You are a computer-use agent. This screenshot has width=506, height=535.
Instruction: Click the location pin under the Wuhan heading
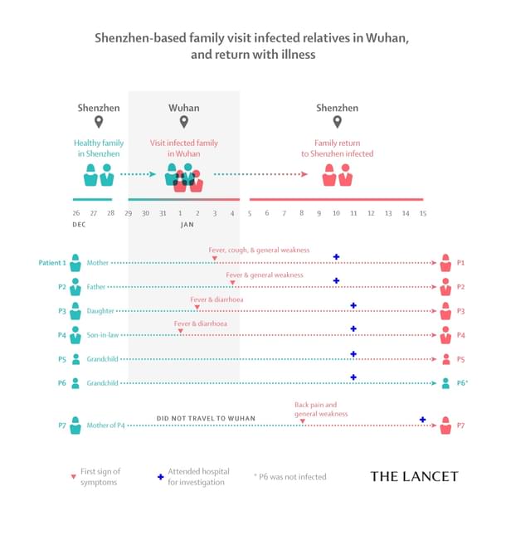pos(183,123)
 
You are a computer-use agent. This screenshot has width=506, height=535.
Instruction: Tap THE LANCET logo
pos(413,476)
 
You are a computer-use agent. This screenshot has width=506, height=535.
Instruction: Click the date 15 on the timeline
pos(422,213)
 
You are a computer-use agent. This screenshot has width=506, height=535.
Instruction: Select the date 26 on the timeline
pos(75,213)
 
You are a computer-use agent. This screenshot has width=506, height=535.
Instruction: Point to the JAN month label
pos(187,225)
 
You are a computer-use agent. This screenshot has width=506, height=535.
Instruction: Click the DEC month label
pos(79,225)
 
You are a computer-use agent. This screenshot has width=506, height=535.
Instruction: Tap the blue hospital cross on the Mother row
pos(336,257)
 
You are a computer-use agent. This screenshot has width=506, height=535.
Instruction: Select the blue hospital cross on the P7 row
pos(423,420)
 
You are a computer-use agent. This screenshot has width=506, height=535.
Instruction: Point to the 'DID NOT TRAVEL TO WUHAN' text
pos(206,417)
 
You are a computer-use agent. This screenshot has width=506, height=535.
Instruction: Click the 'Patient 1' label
pos(52,263)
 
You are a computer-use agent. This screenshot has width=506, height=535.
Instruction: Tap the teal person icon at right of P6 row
pos(446,383)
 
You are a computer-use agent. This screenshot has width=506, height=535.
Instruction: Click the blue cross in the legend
pos(159,477)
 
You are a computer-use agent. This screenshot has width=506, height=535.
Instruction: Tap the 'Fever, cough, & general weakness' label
pos(260,249)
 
